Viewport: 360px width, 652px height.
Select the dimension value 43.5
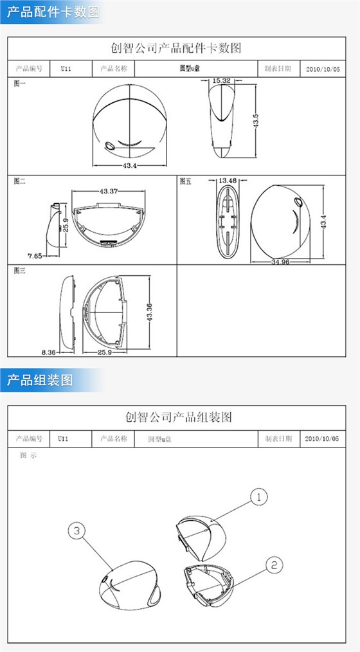255,120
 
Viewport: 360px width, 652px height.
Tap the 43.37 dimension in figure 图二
109,192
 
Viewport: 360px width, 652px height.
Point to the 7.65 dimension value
34,255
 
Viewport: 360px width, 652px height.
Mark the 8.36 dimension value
49,352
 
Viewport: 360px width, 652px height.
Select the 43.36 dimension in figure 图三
149,313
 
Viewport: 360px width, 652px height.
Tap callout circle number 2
274,565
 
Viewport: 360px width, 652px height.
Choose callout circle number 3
76,530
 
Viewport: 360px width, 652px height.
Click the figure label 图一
20,82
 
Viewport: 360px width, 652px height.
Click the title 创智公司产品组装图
179,417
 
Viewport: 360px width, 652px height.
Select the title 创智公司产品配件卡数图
179,48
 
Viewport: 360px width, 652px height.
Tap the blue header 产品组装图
40,379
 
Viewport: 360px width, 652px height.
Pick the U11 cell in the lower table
63,439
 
